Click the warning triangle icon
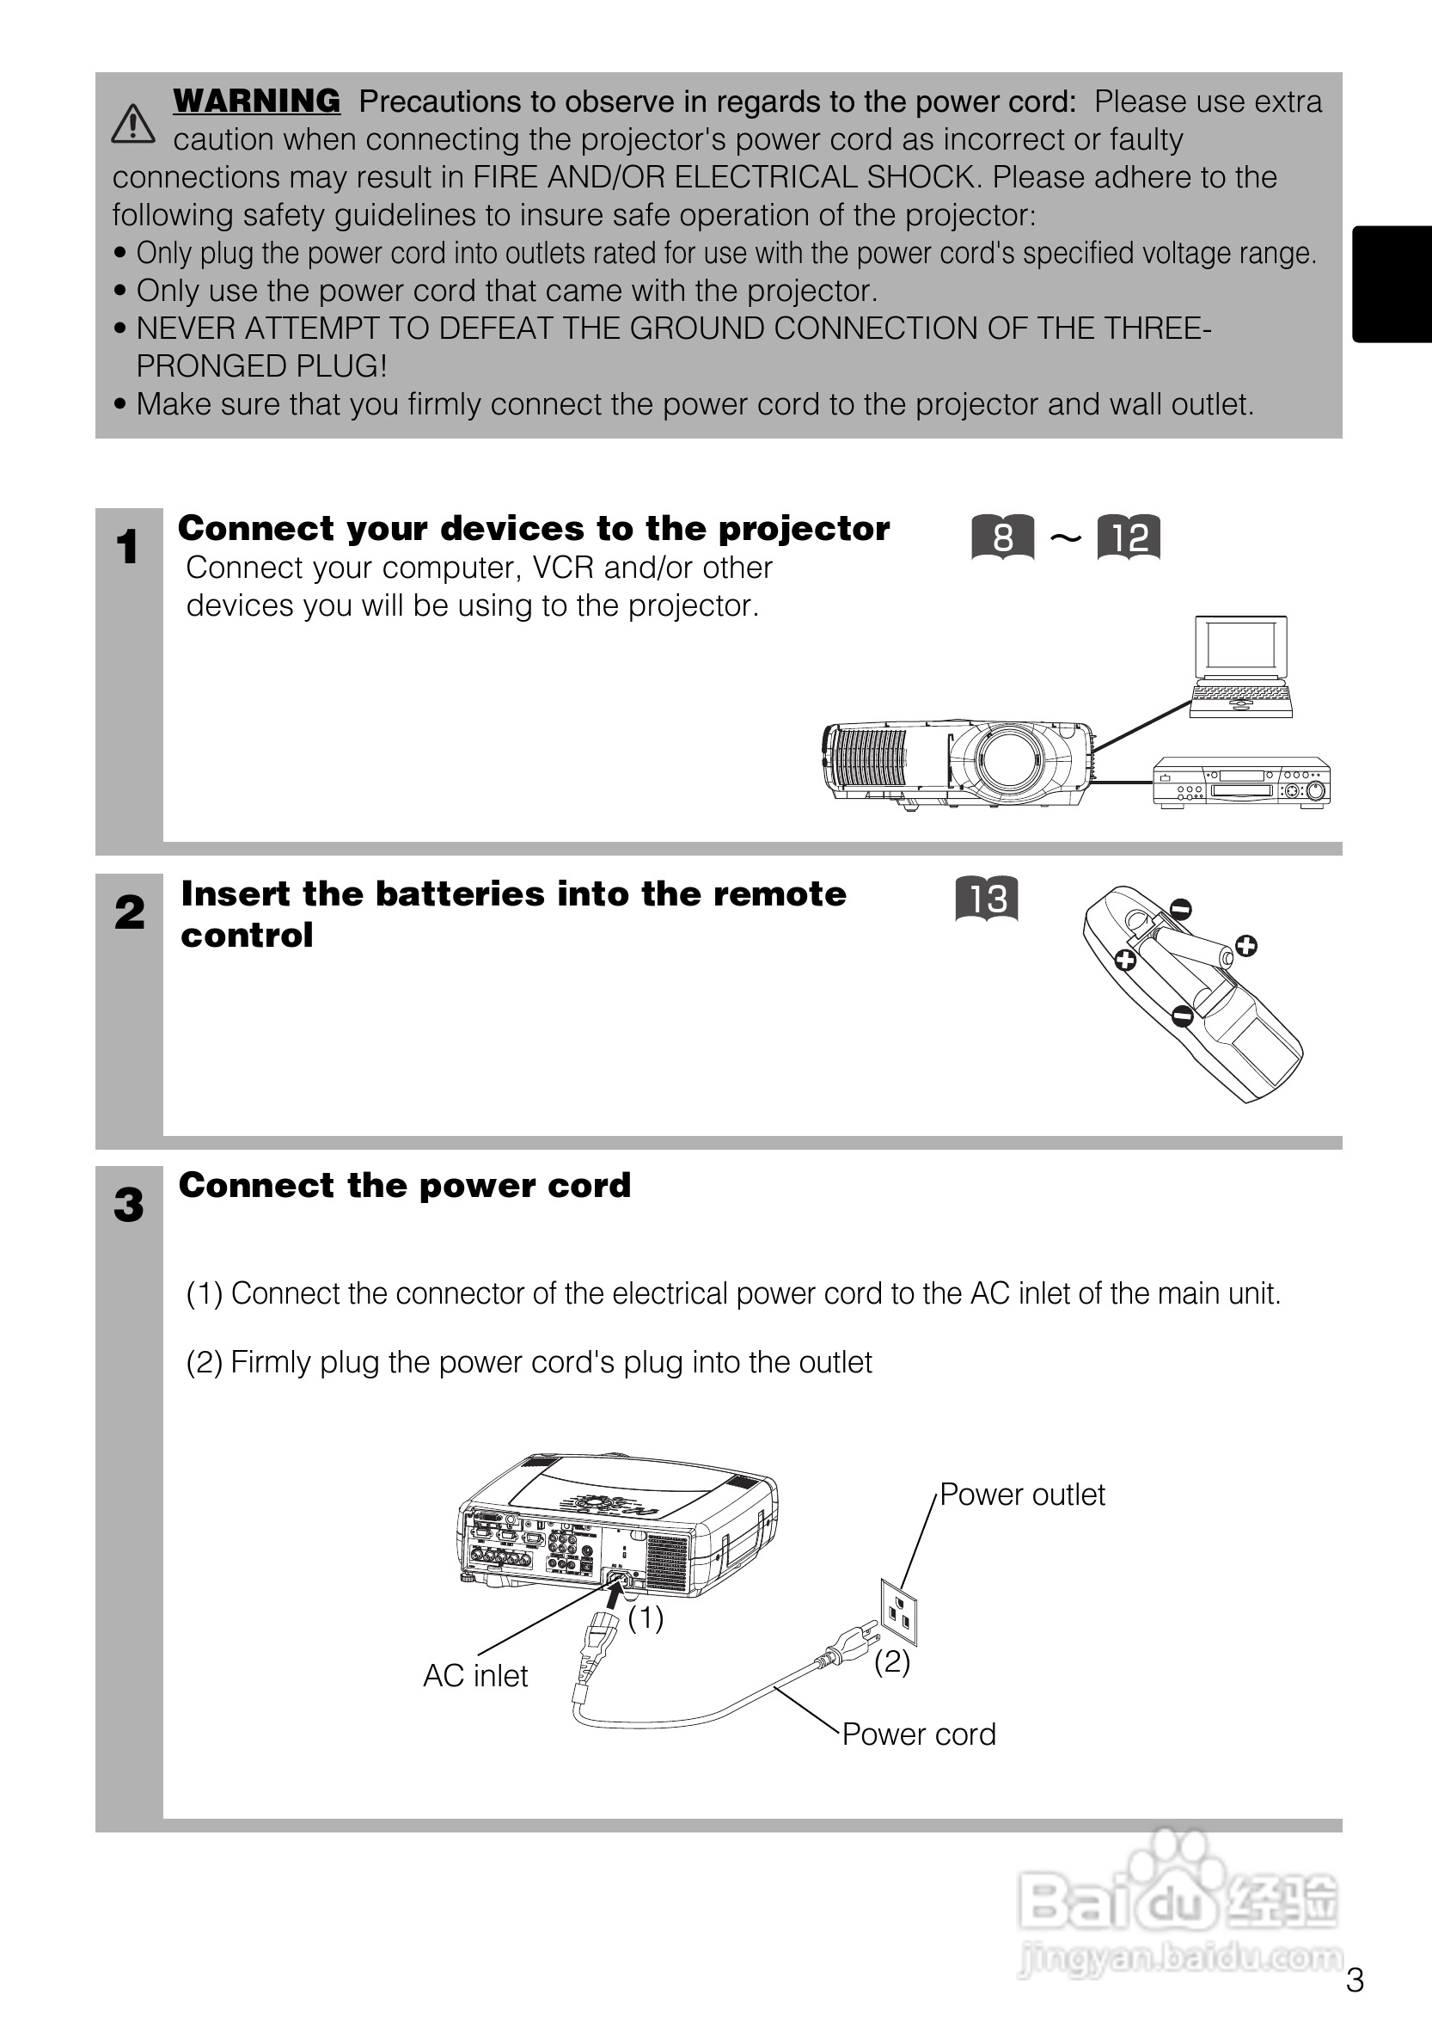click(133, 123)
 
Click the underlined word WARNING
click(256, 101)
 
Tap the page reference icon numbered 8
click(1002, 537)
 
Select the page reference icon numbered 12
click(1129, 537)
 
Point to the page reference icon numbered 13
click(987, 899)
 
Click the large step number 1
click(128, 546)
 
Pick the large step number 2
click(130, 912)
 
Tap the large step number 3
click(129, 1206)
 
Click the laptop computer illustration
click(1240, 666)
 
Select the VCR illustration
click(1241, 782)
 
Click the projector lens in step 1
click(1008, 762)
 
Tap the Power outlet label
click(1022, 1495)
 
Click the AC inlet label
click(475, 1676)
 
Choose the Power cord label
click(918, 1734)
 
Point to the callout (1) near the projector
click(646, 1618)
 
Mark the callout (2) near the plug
click(891, 1661)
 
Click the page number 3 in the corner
click(1355, 1980)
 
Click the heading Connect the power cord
click(405, 1185)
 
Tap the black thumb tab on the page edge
click(1392, 284)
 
